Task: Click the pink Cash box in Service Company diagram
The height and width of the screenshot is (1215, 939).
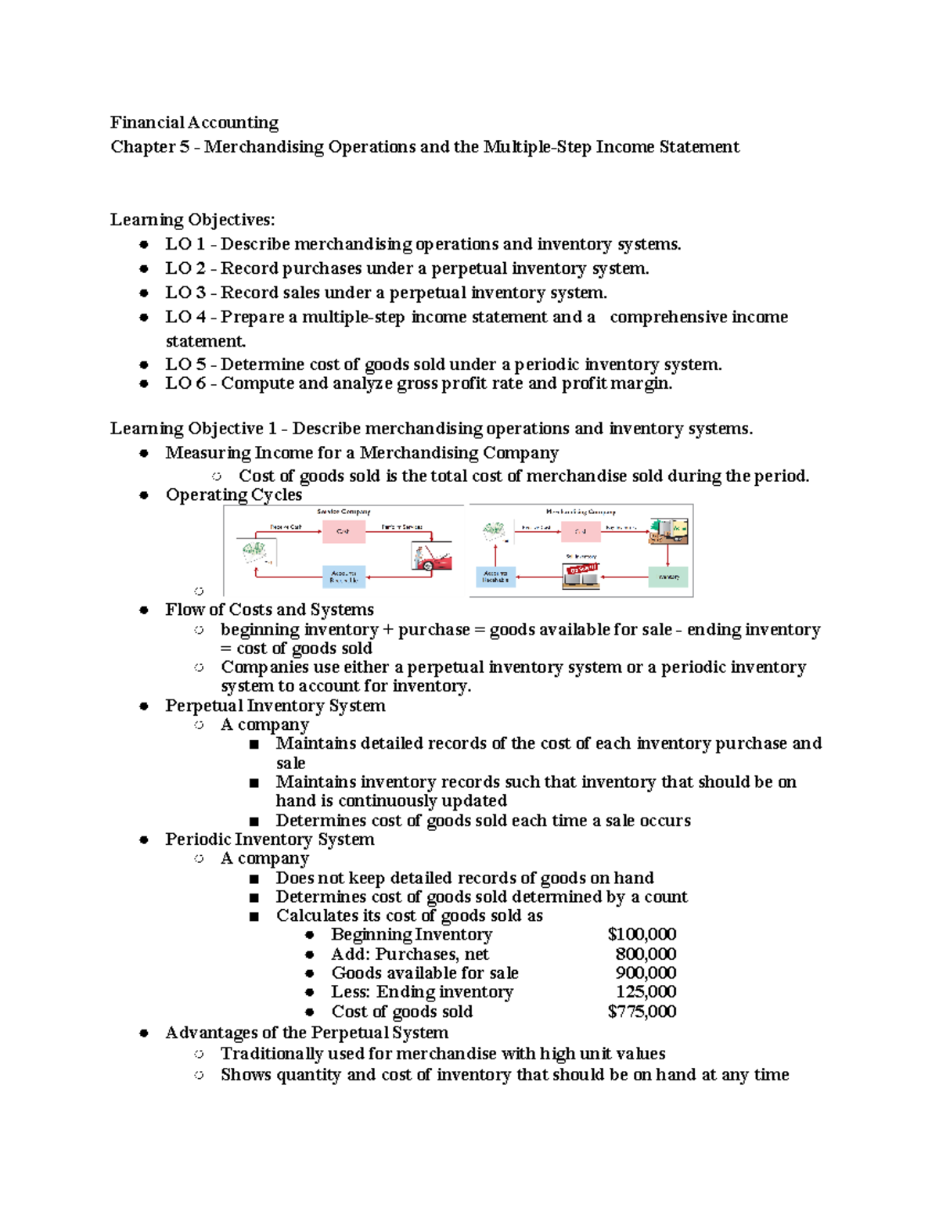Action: (x=344, y=531)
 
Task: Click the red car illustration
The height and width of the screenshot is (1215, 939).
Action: (x=431, y=557)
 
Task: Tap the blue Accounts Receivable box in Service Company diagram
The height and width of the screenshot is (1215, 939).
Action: (x=344, y=577)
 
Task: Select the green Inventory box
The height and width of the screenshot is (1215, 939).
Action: (x=668, y=577)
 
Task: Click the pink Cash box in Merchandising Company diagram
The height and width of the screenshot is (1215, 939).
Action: (x=580, y=531)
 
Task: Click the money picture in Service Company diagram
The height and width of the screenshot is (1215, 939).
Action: (x=257, y=552)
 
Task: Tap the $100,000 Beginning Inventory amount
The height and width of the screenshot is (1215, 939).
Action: (x=642, y=934)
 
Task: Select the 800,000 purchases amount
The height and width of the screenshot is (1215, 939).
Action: (x=646, y=954)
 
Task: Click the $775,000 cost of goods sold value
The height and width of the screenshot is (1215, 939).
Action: (x=642, y=1011)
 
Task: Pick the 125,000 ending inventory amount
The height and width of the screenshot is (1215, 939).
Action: (x=646, y=991)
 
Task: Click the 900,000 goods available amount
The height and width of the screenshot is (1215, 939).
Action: (x=646, y=972)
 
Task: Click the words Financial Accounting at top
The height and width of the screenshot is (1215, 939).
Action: (x=194, y=123)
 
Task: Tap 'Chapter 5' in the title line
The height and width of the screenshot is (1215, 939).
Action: (x=149, y=147)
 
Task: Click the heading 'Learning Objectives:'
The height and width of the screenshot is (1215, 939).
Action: (x=192, y=220)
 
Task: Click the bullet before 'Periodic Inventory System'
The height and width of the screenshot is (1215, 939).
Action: (x=144, y=839)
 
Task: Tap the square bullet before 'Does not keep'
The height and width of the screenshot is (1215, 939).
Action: (x=254, y=879)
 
